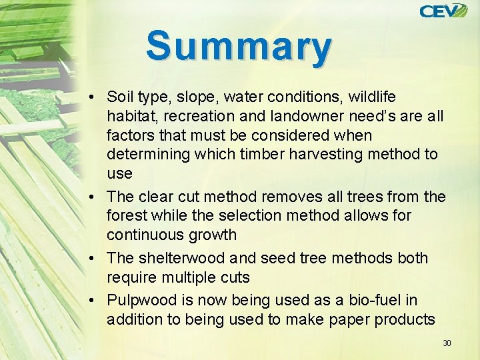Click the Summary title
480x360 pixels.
coord(239,47)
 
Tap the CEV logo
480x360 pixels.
coord(443,11)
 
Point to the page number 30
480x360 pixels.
coord(447,343)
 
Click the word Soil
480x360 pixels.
coord(120,97)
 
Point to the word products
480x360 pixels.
coord(404,319)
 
